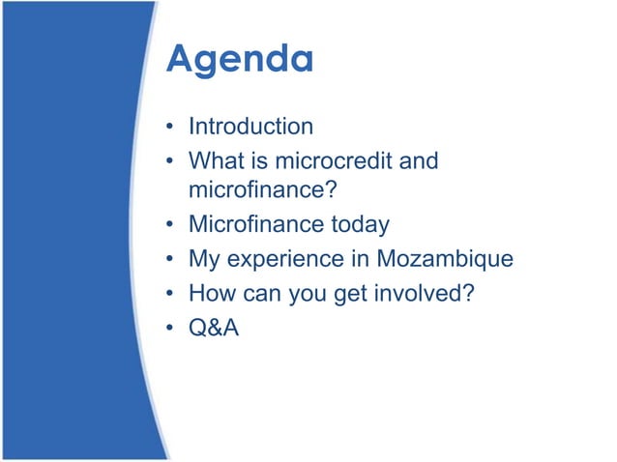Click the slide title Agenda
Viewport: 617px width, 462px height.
point(240,60)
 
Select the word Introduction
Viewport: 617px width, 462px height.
point(250,127)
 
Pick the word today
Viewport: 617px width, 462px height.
point(361,225)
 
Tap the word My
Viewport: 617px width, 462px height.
point(204,259)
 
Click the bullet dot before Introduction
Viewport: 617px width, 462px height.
point(169,128)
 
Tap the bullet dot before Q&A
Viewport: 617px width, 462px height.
point(169,327)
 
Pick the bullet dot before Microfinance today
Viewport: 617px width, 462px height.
point(169,226)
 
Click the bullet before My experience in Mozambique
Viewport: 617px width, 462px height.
point(169,260)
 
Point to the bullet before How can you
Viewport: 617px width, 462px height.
point(169,293)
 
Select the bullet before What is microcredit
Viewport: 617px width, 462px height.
point(169,160)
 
